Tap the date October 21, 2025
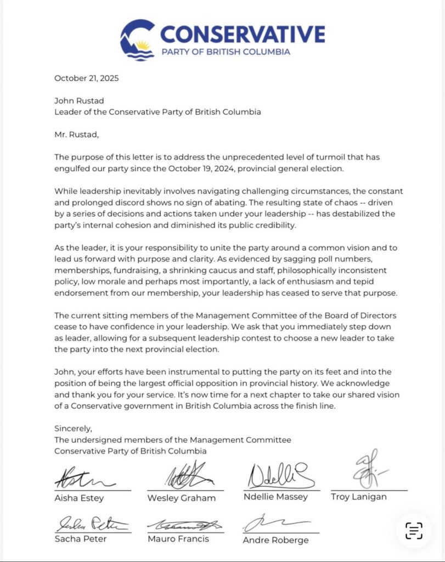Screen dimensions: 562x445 click(86, 78)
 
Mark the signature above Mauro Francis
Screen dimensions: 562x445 click(183, 525)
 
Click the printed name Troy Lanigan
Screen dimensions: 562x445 click(359, 497)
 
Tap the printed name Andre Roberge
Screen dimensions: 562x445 click(275, 540)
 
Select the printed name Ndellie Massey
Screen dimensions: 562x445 click(275, 497)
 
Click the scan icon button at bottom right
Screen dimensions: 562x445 click(414, 530)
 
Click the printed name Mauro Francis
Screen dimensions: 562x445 click(178, 539)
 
